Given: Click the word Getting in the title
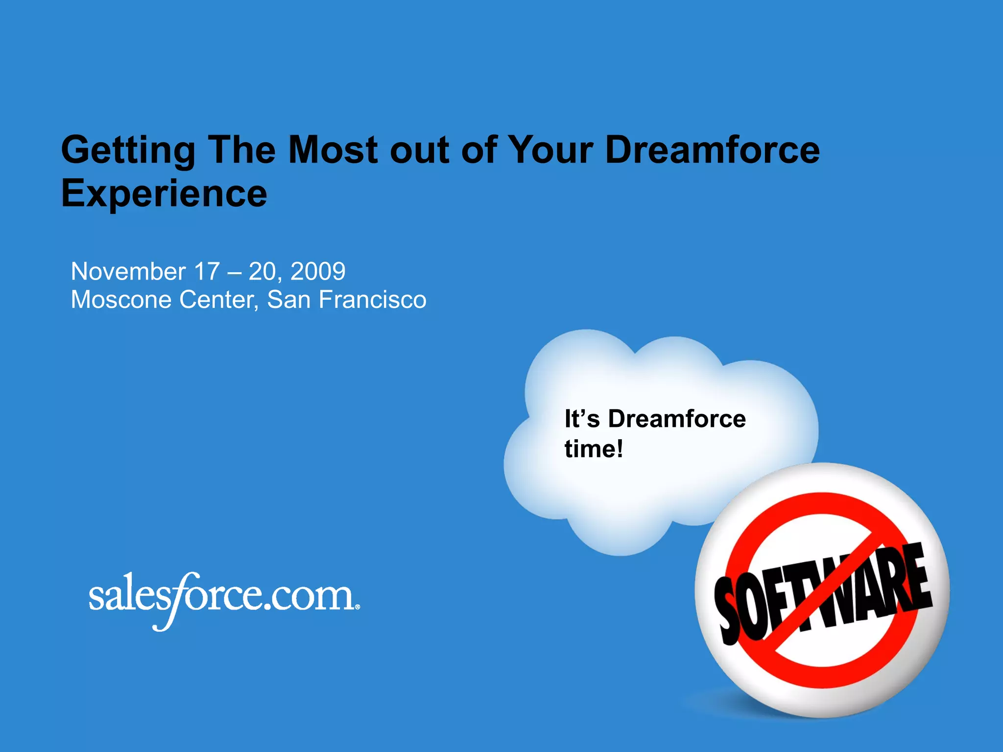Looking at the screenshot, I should tap(128, 151).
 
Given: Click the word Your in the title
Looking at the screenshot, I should tap(550, 150).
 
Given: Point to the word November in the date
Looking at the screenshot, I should tap(128, 272).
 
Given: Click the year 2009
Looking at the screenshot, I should tap(318, 272).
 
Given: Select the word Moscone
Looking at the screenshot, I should tap(121, 300).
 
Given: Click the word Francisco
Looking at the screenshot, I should tap(372, 300).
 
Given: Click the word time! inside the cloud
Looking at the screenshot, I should tap(594, 449).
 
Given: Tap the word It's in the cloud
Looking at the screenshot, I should tap(582, 419).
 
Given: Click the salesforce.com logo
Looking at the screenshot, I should tap(223, 598).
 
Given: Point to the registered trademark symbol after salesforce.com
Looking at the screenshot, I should tap(358, 607).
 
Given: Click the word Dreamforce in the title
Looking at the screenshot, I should tap(712, 150).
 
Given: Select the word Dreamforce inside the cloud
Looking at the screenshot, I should tap(677, 419).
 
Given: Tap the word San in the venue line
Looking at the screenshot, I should tap(288, 300).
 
